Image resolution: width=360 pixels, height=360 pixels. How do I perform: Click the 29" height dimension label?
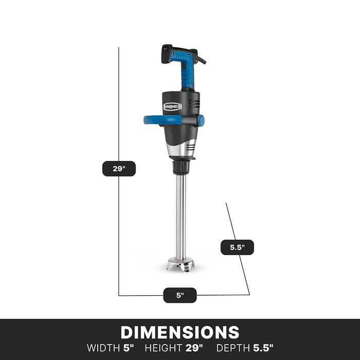[119, 169]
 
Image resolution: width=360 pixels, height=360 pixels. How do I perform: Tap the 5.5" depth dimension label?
[237, 247]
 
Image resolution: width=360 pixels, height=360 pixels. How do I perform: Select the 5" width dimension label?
[180, 295]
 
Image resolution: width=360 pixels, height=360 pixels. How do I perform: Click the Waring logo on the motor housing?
[172, 106]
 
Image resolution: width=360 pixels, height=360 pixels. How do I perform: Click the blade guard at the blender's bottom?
[181, 265]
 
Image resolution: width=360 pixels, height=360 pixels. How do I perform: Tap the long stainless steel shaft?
[181, 216]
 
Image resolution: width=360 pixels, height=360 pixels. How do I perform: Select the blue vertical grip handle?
[187, 72]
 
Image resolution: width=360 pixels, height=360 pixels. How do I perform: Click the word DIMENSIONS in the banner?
[180, 332]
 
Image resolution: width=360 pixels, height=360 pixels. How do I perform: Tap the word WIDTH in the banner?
[104, 348]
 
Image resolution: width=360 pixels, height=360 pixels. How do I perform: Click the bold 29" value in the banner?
[194, 348]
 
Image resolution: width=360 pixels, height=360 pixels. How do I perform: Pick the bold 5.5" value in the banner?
[263, 348]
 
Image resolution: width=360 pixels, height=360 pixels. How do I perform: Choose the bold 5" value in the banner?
[128, 348]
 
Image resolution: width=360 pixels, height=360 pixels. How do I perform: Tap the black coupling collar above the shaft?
[181, 167]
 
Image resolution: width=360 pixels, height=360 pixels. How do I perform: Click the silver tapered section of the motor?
[183, 150]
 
